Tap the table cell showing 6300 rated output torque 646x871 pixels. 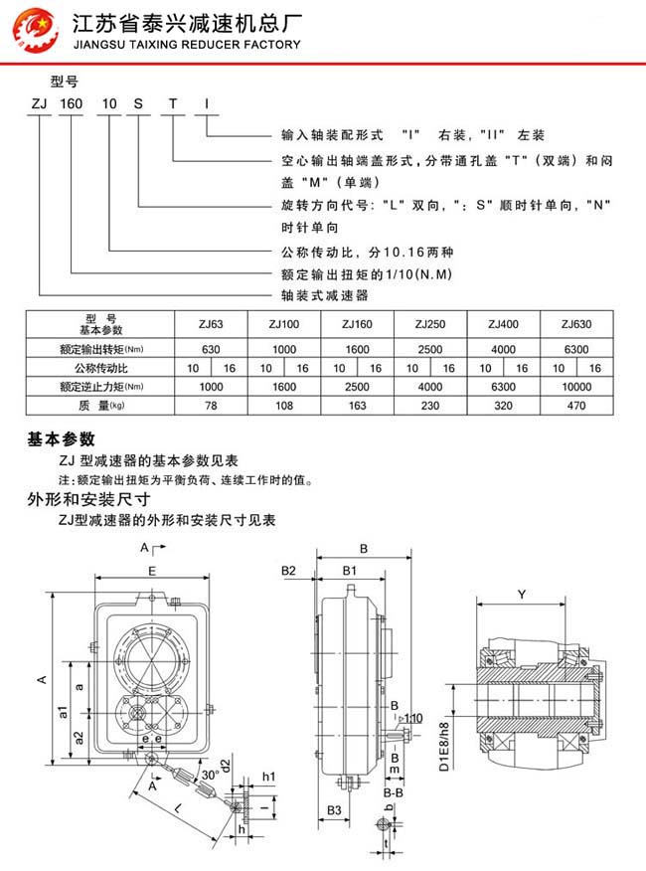(577, 350)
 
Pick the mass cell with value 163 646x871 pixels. (358, 406)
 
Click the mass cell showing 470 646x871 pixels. (577, 406)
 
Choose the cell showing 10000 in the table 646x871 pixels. (577, 387)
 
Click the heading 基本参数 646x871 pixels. (62, 438)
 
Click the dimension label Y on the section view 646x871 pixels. (522, 595)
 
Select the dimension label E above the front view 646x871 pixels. (150, 572)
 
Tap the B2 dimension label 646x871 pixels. (289, 571)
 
